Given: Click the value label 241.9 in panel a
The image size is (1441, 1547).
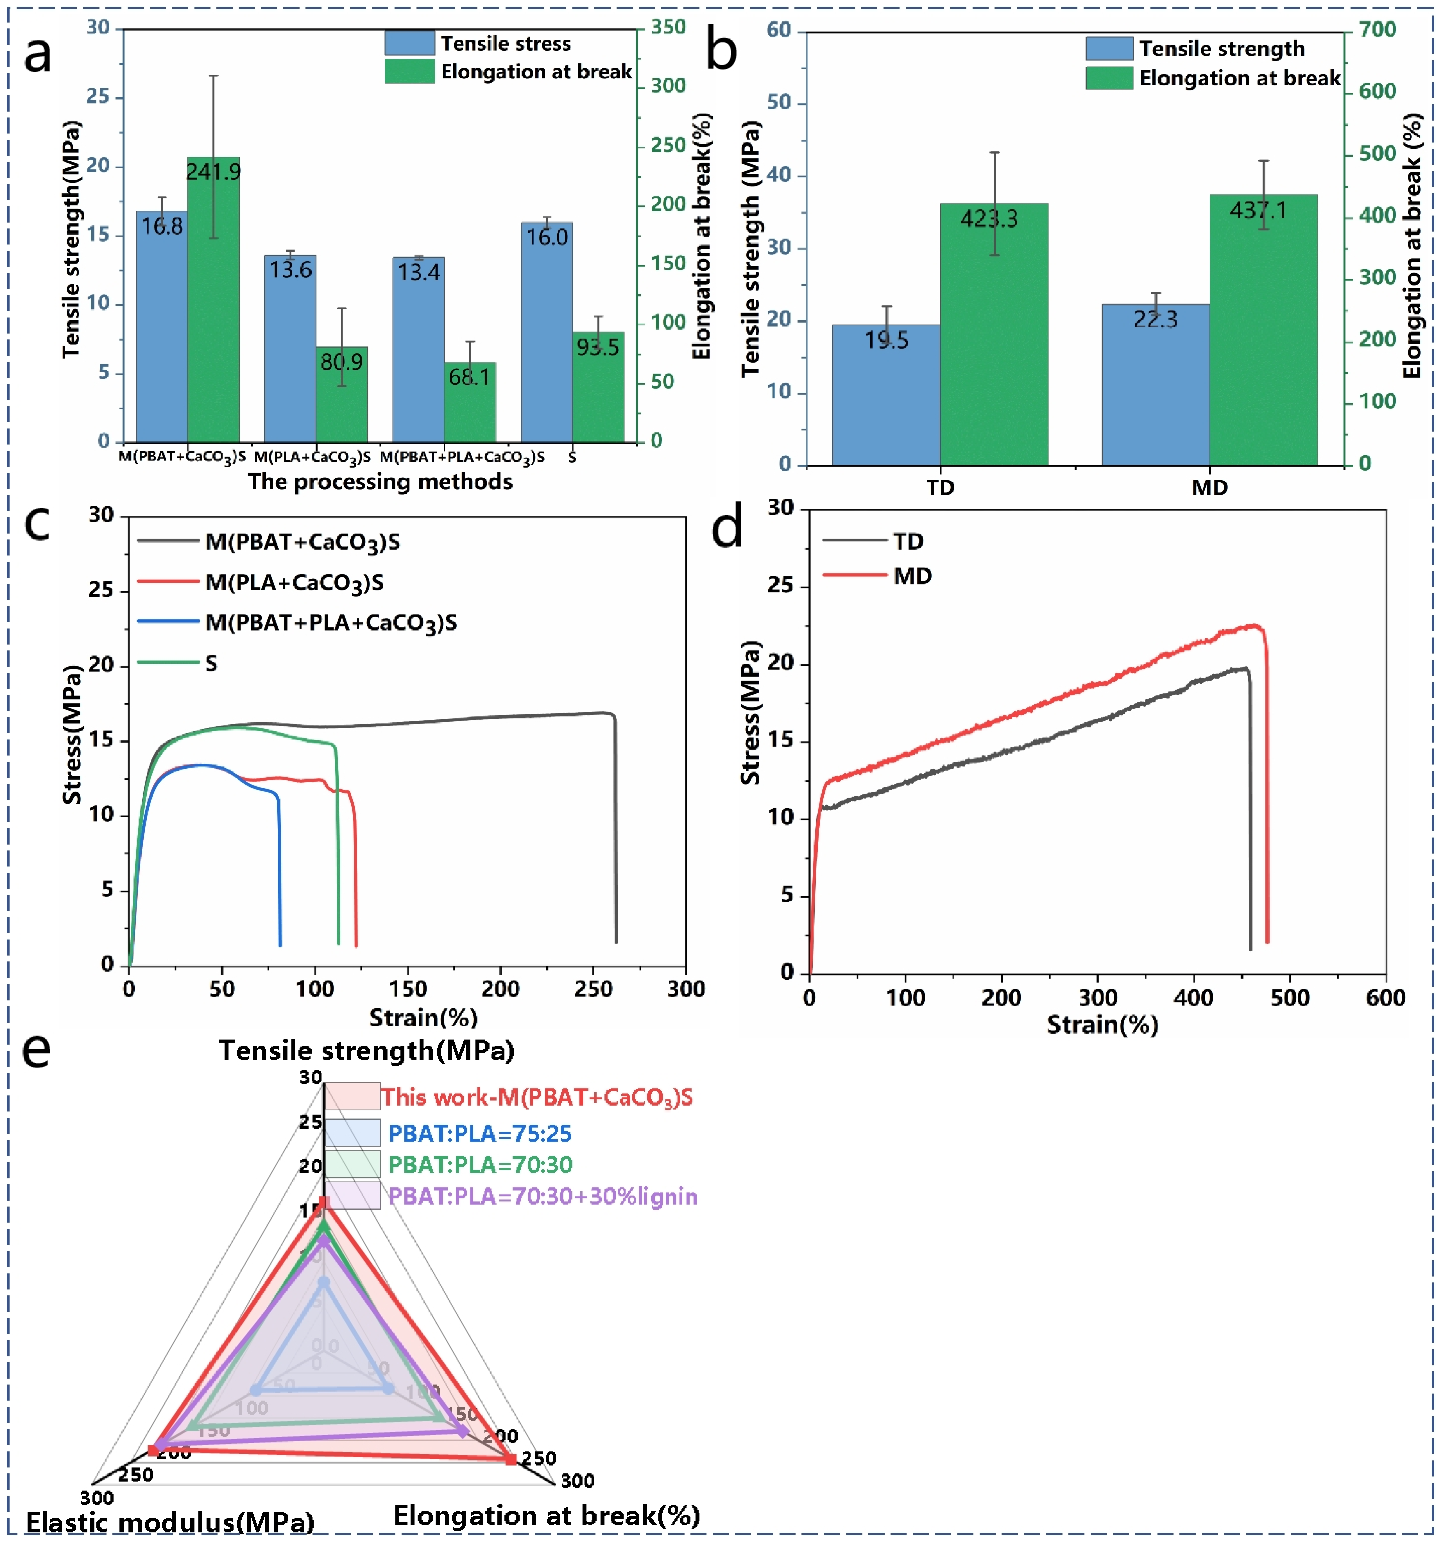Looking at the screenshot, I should tap(213, 171).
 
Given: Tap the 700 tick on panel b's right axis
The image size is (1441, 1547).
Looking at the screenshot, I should tap(1377, 30).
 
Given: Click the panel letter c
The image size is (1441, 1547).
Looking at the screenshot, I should tap(37, 524).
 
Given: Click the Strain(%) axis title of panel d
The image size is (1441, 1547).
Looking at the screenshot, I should tap(1102, 1024).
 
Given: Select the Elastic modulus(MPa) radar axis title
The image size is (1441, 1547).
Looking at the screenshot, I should tap(170, 1522).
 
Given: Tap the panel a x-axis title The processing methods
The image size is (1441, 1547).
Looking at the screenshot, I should tap(380, 482).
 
